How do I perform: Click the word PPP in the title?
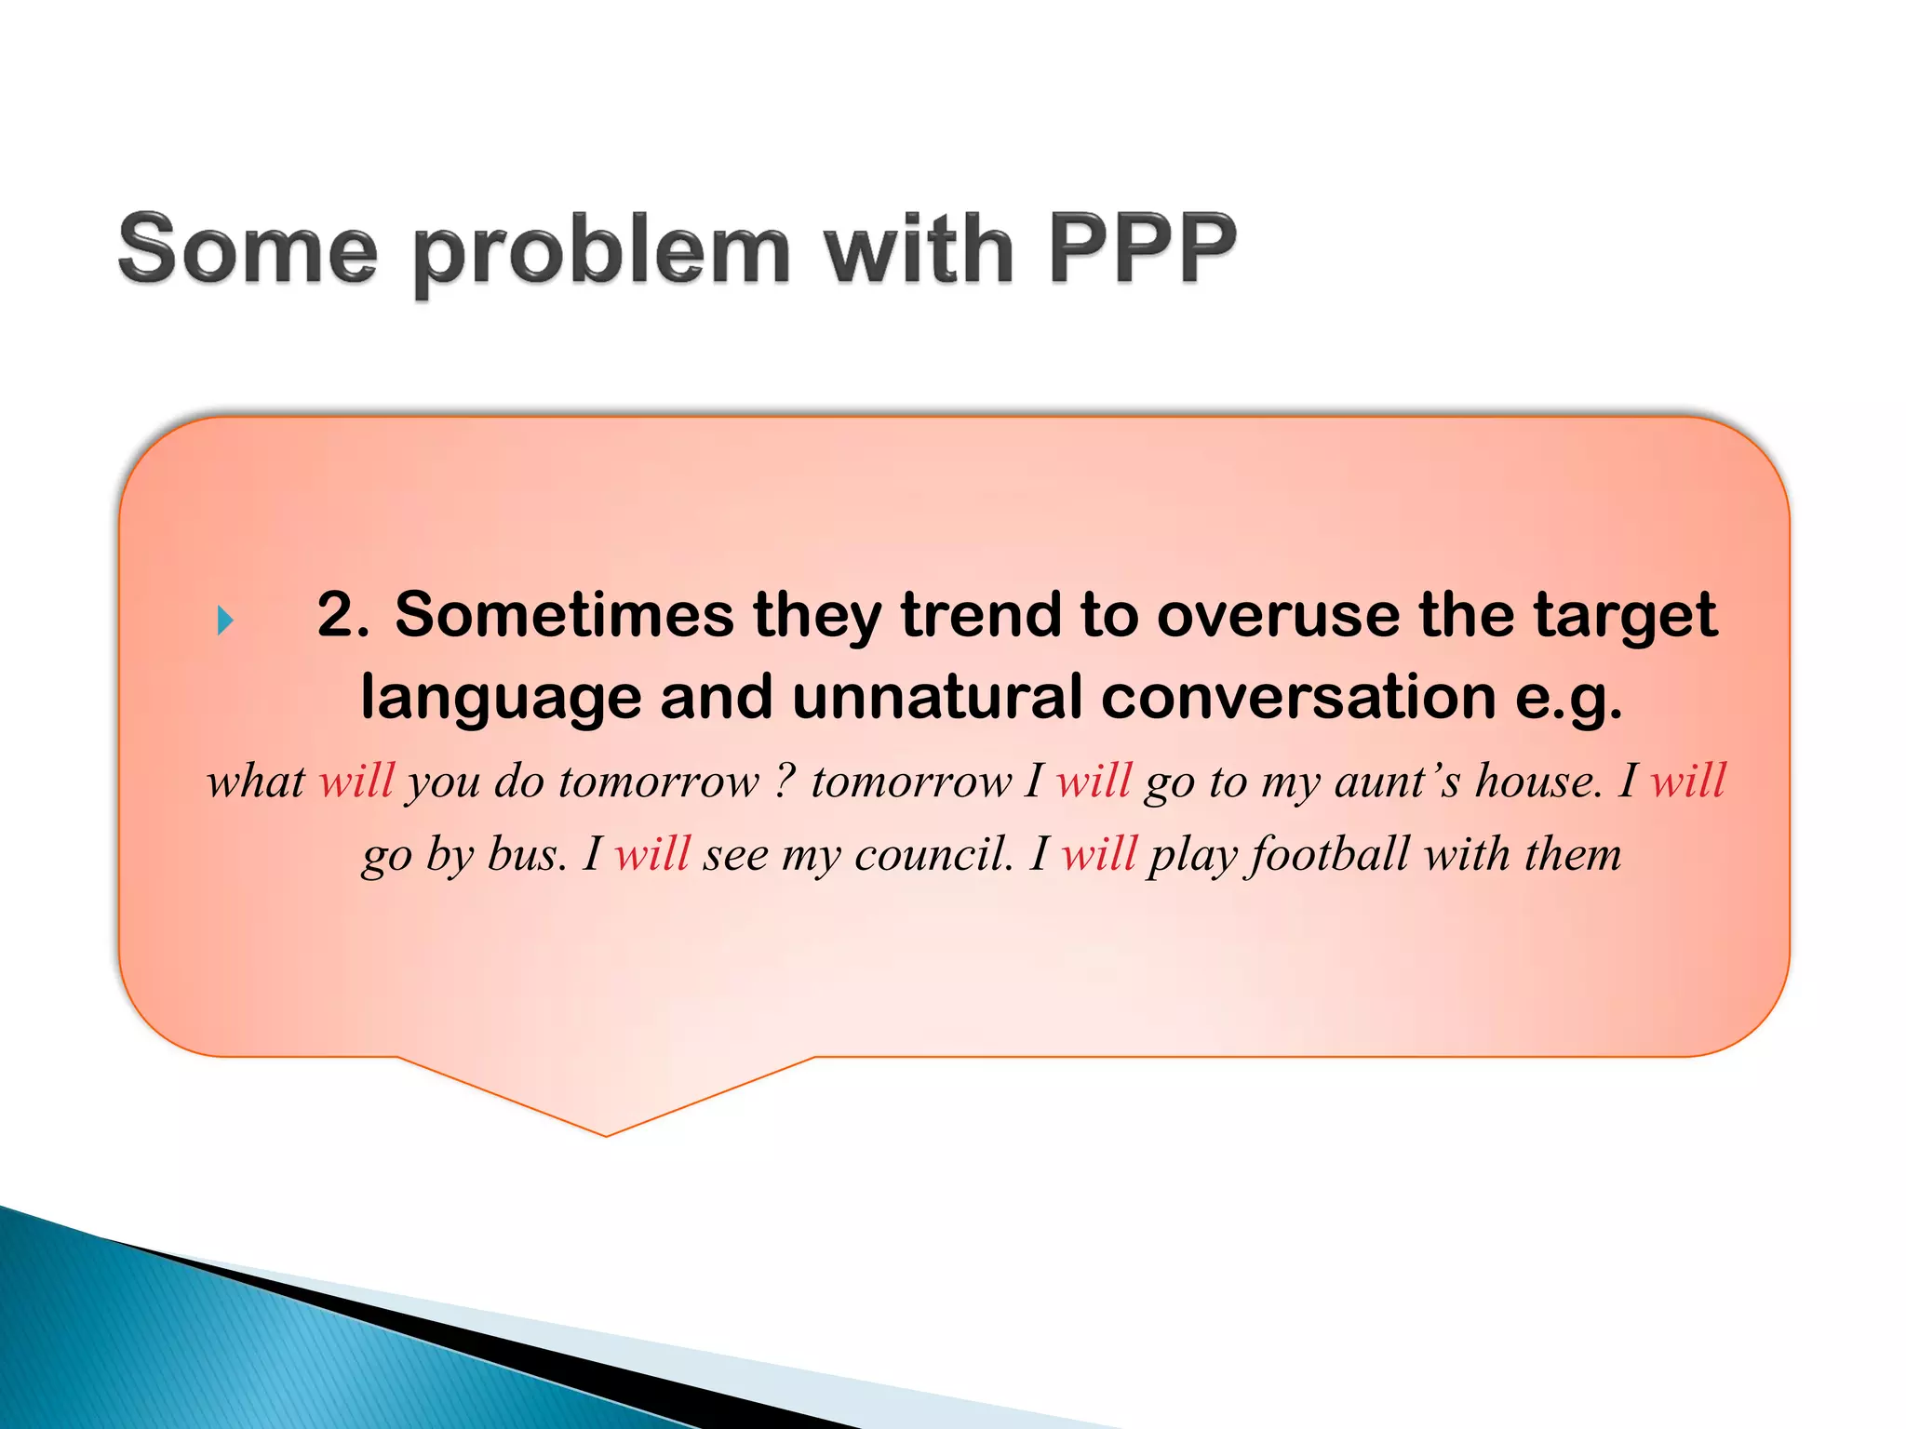[1143, 248]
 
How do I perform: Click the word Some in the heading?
[248, 248]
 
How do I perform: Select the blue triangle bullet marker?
[225, 620]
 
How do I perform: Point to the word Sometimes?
[565, 615]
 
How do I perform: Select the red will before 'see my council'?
[652, 853]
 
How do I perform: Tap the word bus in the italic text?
[526, 853]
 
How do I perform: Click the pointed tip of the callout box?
[607, 1133]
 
